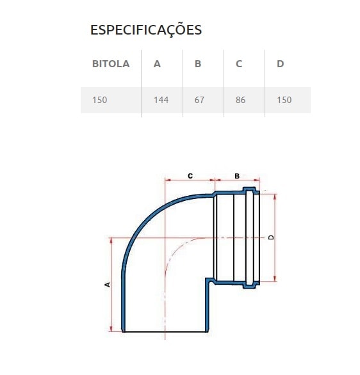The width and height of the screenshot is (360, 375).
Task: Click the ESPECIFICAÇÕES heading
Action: coord(146,30)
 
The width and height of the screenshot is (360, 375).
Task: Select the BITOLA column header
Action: coord(111,64)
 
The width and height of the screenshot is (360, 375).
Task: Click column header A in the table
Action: coord(157,64)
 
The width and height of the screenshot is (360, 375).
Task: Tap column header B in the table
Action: coord(198,64)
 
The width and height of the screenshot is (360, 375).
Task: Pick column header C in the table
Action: coord(239,64)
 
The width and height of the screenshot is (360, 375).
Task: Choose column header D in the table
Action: coord(281,64)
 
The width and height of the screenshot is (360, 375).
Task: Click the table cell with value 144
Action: coord(161,100)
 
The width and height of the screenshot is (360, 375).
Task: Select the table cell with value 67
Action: coord(199,100)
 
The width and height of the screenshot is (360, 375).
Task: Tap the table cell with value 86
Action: coord(240,100)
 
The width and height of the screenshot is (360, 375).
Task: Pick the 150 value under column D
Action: coord(284,100)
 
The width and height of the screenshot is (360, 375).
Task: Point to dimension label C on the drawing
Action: coord(190,175)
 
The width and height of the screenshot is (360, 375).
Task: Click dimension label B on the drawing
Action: coord(236,175)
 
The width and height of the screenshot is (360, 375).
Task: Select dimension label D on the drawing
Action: coord(271,237)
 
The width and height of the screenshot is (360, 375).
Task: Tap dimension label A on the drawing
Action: coord(107,284)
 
